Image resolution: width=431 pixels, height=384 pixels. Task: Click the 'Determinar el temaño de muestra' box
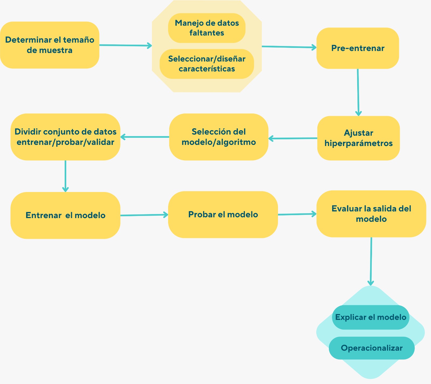pos(50,45)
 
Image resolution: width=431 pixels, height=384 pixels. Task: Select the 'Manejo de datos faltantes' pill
pos(207,28)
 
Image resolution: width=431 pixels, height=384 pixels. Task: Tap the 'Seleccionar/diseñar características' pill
pos(207,64)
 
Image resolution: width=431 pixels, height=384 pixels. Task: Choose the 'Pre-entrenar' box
pos(357,48)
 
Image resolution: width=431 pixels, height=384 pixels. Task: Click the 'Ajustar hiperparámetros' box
pos(358,138)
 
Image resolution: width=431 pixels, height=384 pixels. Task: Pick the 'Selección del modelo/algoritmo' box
pos(218,137)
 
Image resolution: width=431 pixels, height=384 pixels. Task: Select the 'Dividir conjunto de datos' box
pos(65,137)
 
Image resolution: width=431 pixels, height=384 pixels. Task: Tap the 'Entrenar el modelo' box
pos(65,215)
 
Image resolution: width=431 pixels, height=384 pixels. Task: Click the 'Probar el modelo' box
pos(223,214)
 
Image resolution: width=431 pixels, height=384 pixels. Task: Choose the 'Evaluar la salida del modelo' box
pos(371,214)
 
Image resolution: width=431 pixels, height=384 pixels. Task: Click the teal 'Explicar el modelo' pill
pos(371,317)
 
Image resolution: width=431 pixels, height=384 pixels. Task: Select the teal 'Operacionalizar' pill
pos(371,348)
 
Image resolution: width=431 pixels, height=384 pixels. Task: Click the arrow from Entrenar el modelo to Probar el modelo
pos(144,215)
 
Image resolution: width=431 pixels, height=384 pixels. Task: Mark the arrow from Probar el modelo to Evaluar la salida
pos(297,214)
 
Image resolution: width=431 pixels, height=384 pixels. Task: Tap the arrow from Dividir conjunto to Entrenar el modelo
pos(65,176)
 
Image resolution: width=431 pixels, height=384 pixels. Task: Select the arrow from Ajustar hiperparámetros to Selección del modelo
pos(293,138)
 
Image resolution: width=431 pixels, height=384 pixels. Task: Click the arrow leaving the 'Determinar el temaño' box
pos(126,45)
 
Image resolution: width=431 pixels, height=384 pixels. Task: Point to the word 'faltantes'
pos(207,33)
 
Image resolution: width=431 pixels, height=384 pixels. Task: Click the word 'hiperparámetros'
pos(358,143)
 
